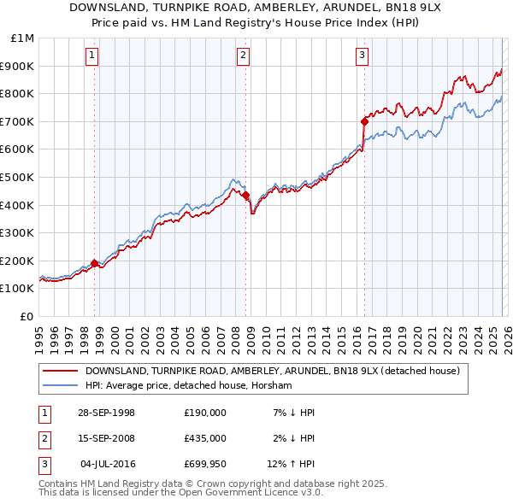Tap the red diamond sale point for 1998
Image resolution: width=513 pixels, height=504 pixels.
95,263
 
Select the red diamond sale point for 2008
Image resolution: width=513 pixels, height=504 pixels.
246,196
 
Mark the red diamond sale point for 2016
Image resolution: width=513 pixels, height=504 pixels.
364,121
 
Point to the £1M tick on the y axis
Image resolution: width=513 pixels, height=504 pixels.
21,38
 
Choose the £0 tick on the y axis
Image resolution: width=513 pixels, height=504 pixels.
27,316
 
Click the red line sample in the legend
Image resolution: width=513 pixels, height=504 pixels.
60,371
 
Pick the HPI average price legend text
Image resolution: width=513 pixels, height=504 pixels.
188,385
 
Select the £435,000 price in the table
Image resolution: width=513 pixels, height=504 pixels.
204,438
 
